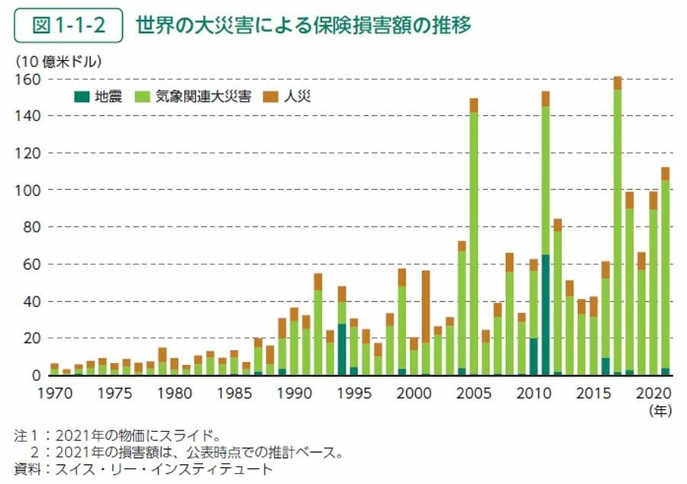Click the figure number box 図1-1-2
coord(69,27)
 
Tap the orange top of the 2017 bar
coord(617,83)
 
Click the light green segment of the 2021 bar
coord(665,274)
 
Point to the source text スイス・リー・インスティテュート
coord(160,469)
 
